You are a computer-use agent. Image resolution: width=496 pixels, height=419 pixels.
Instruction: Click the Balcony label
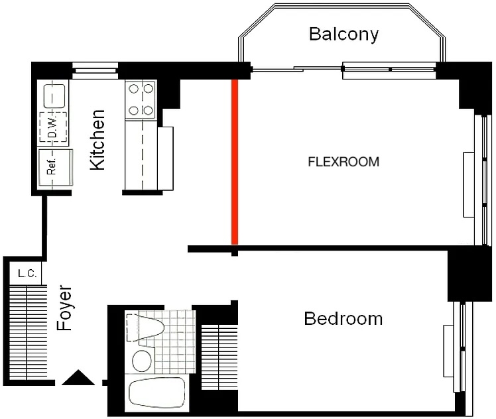(x=343, y=34)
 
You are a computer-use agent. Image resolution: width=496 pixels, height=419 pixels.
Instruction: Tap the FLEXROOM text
(x=343, y=162)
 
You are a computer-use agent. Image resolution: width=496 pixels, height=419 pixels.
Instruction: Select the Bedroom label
(x=343, y=319)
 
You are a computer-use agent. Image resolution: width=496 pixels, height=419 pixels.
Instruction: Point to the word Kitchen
(x=97, y=140)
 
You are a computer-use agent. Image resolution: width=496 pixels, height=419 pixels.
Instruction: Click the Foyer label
(x=64, y=308)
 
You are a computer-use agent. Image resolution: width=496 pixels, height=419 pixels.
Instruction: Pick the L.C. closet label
(x=27, y=273)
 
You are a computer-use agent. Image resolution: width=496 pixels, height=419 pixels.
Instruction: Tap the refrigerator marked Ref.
(x=55, y=168)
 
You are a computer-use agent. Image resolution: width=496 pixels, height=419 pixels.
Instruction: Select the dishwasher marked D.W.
(x=53, y=127)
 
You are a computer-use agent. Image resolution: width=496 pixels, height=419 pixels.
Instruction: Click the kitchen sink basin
(x=54, y=96)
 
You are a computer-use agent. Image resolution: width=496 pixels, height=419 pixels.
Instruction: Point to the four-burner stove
(x=141, y=100)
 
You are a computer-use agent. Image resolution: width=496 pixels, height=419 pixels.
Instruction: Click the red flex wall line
(x=234, y=162)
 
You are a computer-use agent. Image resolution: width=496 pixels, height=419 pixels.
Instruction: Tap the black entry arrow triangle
(x=78, y=377)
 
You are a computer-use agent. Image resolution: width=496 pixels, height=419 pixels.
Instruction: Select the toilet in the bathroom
(x=145, y=328)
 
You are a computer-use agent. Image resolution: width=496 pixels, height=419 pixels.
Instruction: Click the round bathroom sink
(x=142, y=361)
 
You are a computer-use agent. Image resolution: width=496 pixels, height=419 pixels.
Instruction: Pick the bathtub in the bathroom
(x=157, y=392)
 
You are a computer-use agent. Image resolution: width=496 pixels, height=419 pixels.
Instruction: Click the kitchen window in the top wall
(x=95, y=70)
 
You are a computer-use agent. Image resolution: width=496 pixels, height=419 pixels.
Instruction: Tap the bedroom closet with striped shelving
(x=219, y=357)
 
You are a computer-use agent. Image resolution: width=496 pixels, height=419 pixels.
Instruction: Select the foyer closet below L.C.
(x=28, y=332)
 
